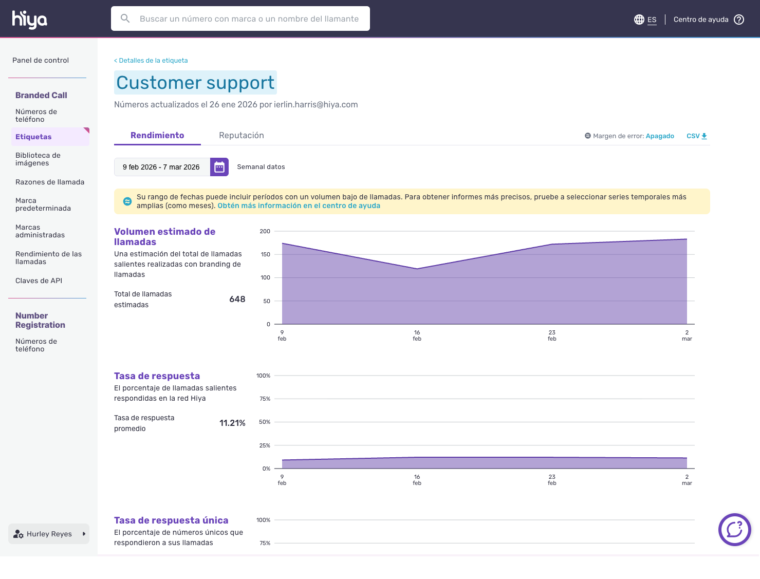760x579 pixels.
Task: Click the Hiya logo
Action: coord(29,20)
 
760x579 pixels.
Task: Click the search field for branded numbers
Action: coord(240,18)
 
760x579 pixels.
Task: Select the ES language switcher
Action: coord(645,20)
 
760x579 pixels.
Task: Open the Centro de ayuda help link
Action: coord(709,20)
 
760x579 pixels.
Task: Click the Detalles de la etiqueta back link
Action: coord(151,61)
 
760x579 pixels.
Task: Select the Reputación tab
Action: coord(242,135)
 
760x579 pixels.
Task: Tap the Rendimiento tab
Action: coord(157,135)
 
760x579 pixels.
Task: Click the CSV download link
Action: coord(697,136)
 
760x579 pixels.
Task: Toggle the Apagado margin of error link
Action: coord(660,136)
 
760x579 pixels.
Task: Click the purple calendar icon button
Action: coord(219,167)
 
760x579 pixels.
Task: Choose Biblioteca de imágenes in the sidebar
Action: coord(38,159)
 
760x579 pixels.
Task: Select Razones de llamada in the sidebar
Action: coord(50,182)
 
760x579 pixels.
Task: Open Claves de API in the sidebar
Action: coord(39,281)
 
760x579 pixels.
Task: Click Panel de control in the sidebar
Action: coord(41,60)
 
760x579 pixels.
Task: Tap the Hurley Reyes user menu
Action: coord(49,534)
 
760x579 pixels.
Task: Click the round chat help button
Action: coord(734,530)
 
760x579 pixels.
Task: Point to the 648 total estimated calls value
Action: coord(237,300)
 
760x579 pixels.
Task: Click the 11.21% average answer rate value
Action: coord(232,423)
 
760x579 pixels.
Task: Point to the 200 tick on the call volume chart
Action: coord(265,231)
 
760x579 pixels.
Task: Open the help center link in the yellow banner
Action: coord(299,206)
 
